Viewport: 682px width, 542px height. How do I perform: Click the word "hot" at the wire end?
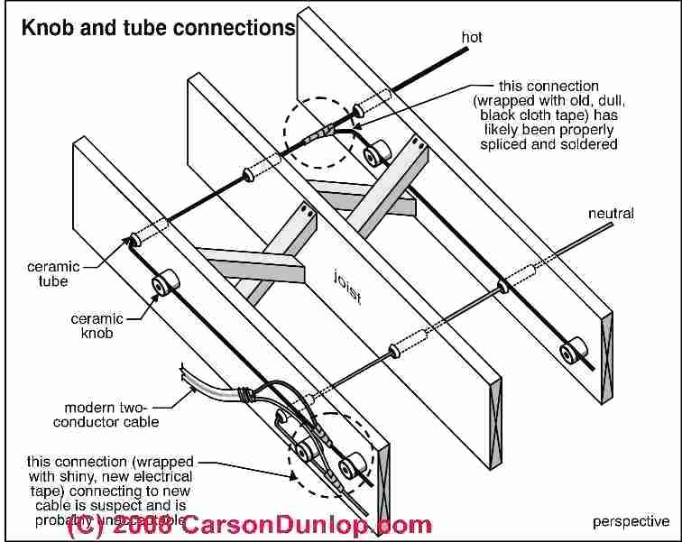point(472,37)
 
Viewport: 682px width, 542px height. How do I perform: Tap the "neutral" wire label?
point(611,214)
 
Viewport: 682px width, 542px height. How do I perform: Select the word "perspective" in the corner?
point(631,521)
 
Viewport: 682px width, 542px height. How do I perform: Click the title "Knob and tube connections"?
point(158,28)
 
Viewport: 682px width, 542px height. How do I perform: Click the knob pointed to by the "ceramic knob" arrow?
point(164,285)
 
